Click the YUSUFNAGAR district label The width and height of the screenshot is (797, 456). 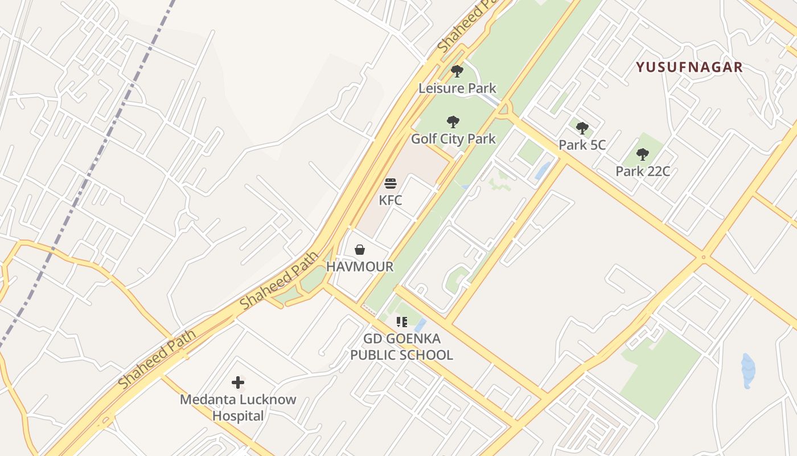click(x=689, y=67)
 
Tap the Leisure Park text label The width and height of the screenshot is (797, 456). click(x=457, y=88)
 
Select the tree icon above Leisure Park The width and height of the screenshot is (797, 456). click(x=457, y=71)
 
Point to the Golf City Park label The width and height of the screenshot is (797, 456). click(x=453, y=139)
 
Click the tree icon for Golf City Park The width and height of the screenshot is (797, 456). click(x=453, y=121)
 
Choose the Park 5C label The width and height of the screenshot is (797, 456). click(x=582, y=145)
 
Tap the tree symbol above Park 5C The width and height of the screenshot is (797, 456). click(x=582, y=128)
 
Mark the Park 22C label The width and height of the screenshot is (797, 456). click(x=643, y=171)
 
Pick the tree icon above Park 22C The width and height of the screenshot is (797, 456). click(x=643, y=154)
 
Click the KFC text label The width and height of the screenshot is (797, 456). click(x=391, y=200)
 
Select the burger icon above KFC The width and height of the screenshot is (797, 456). click(x=391, y=184)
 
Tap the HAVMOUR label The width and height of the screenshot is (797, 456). click(x=360, y=267)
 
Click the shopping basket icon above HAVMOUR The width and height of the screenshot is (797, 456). click(x=360, y=250)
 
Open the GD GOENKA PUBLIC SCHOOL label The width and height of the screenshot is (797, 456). click(x=401, y=347)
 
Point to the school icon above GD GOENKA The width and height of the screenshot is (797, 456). click(x=402, y=323)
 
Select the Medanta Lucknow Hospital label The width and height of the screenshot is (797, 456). click(x=238, y=408)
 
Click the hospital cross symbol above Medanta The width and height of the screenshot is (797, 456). click(x=238, y=382)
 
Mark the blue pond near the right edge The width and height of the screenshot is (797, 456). click(x=748, y=370)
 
